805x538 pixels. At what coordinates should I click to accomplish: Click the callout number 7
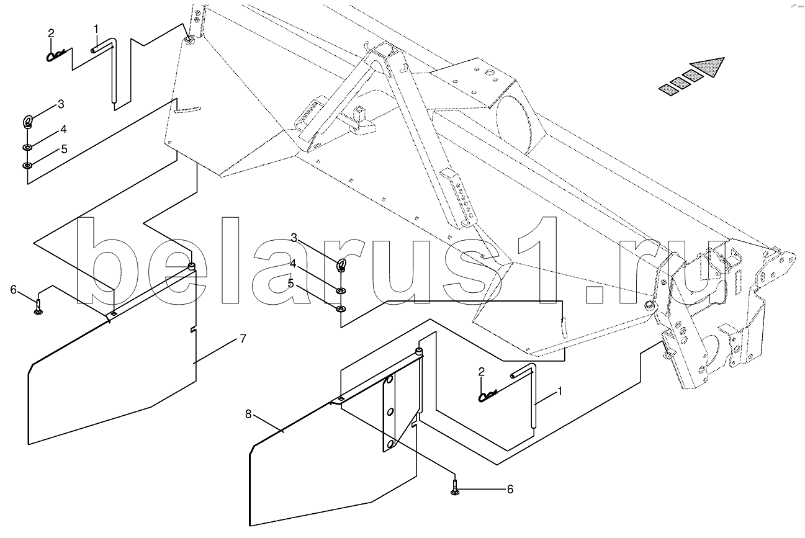(x=243, y=339)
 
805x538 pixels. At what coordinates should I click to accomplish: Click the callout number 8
(x=248, y=415)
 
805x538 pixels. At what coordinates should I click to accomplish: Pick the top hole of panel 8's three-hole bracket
(x=389, y=380)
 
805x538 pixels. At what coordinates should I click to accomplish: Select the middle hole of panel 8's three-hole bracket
(x=390, y=412)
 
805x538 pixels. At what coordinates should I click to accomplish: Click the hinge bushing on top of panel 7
(x=192, y=267)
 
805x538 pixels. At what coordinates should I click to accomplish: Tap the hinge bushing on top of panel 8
(x=419, y=351)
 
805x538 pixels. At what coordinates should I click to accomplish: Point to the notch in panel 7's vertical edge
(x=194, y=330)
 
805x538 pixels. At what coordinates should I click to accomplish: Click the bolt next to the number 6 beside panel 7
(x=38, y=307)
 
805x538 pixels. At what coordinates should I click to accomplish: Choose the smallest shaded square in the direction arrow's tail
(x=668, y=89)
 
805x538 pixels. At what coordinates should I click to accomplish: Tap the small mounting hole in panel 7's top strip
(x=114, y=314)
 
